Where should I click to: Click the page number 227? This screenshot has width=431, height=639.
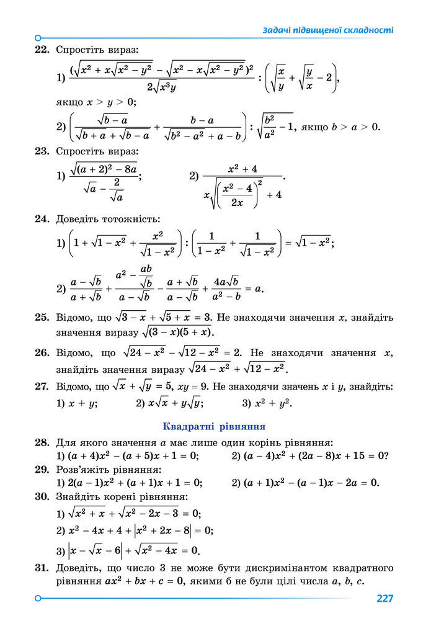point(384,599)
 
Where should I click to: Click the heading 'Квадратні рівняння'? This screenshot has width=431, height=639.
point(214,427)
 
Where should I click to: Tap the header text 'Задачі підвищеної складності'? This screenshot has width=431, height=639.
point(328,30)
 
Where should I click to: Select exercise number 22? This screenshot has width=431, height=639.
point(42,49)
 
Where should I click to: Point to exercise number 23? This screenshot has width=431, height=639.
point(42,151)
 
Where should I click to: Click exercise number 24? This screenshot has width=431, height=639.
point(42,219)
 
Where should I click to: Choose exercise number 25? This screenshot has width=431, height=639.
point(42,318)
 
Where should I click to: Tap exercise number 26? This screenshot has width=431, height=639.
point(42,353)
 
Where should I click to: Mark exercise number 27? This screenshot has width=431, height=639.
point(42,387)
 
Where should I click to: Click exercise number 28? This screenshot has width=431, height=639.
point(42,442)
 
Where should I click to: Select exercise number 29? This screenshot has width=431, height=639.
point(42,470)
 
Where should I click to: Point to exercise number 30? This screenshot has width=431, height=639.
point(42,497)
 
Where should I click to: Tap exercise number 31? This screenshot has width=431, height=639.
point(42,568)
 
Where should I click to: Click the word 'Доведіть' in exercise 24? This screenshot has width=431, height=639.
point(77,219)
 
